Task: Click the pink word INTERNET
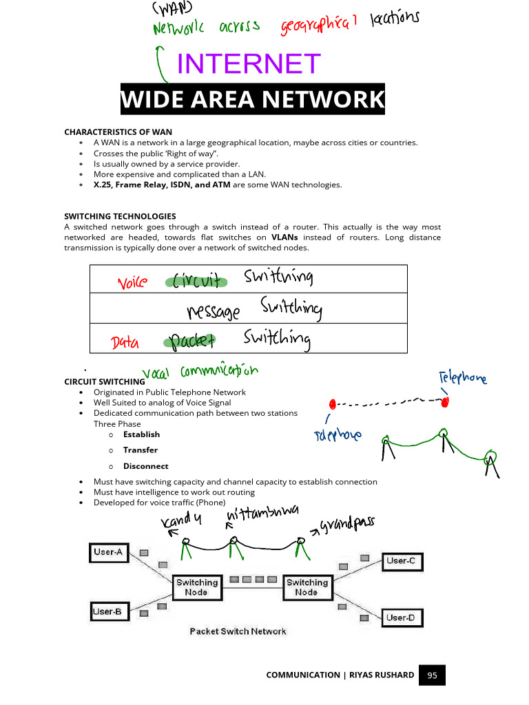pyautogui.click(x=249, y=64)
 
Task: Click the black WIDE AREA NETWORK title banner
pyautogui.click(x=252, y=100)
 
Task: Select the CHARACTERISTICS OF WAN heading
pyautogui.click(x=118, y=131)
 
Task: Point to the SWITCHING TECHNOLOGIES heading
pyautogui.click(x=120, y=216)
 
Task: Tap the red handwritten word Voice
pyautogui.click(x=132, y=282)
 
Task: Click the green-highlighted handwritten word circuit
pyautogui.click(x=196, y=280)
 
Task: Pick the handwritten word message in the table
pyautogui.click(x=214, y=312)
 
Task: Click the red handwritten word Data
pyautogui.click(x=125, y=342)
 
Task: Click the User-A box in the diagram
pyautogui.click(x=108, y=552)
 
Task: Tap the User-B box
pyautogui.click(x=108, y=610)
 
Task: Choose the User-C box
pyautogui.click(x=401, y=561)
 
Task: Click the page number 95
pyautogui.click(x=432, y=675)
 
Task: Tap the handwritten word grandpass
pyautogui.click(x=347, y=525)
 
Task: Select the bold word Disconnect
pyautogui.click(x=145, y=466)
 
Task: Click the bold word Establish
pyautogui.click(x=141, y=434)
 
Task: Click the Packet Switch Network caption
pyautogui.click(x=238, y=631)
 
